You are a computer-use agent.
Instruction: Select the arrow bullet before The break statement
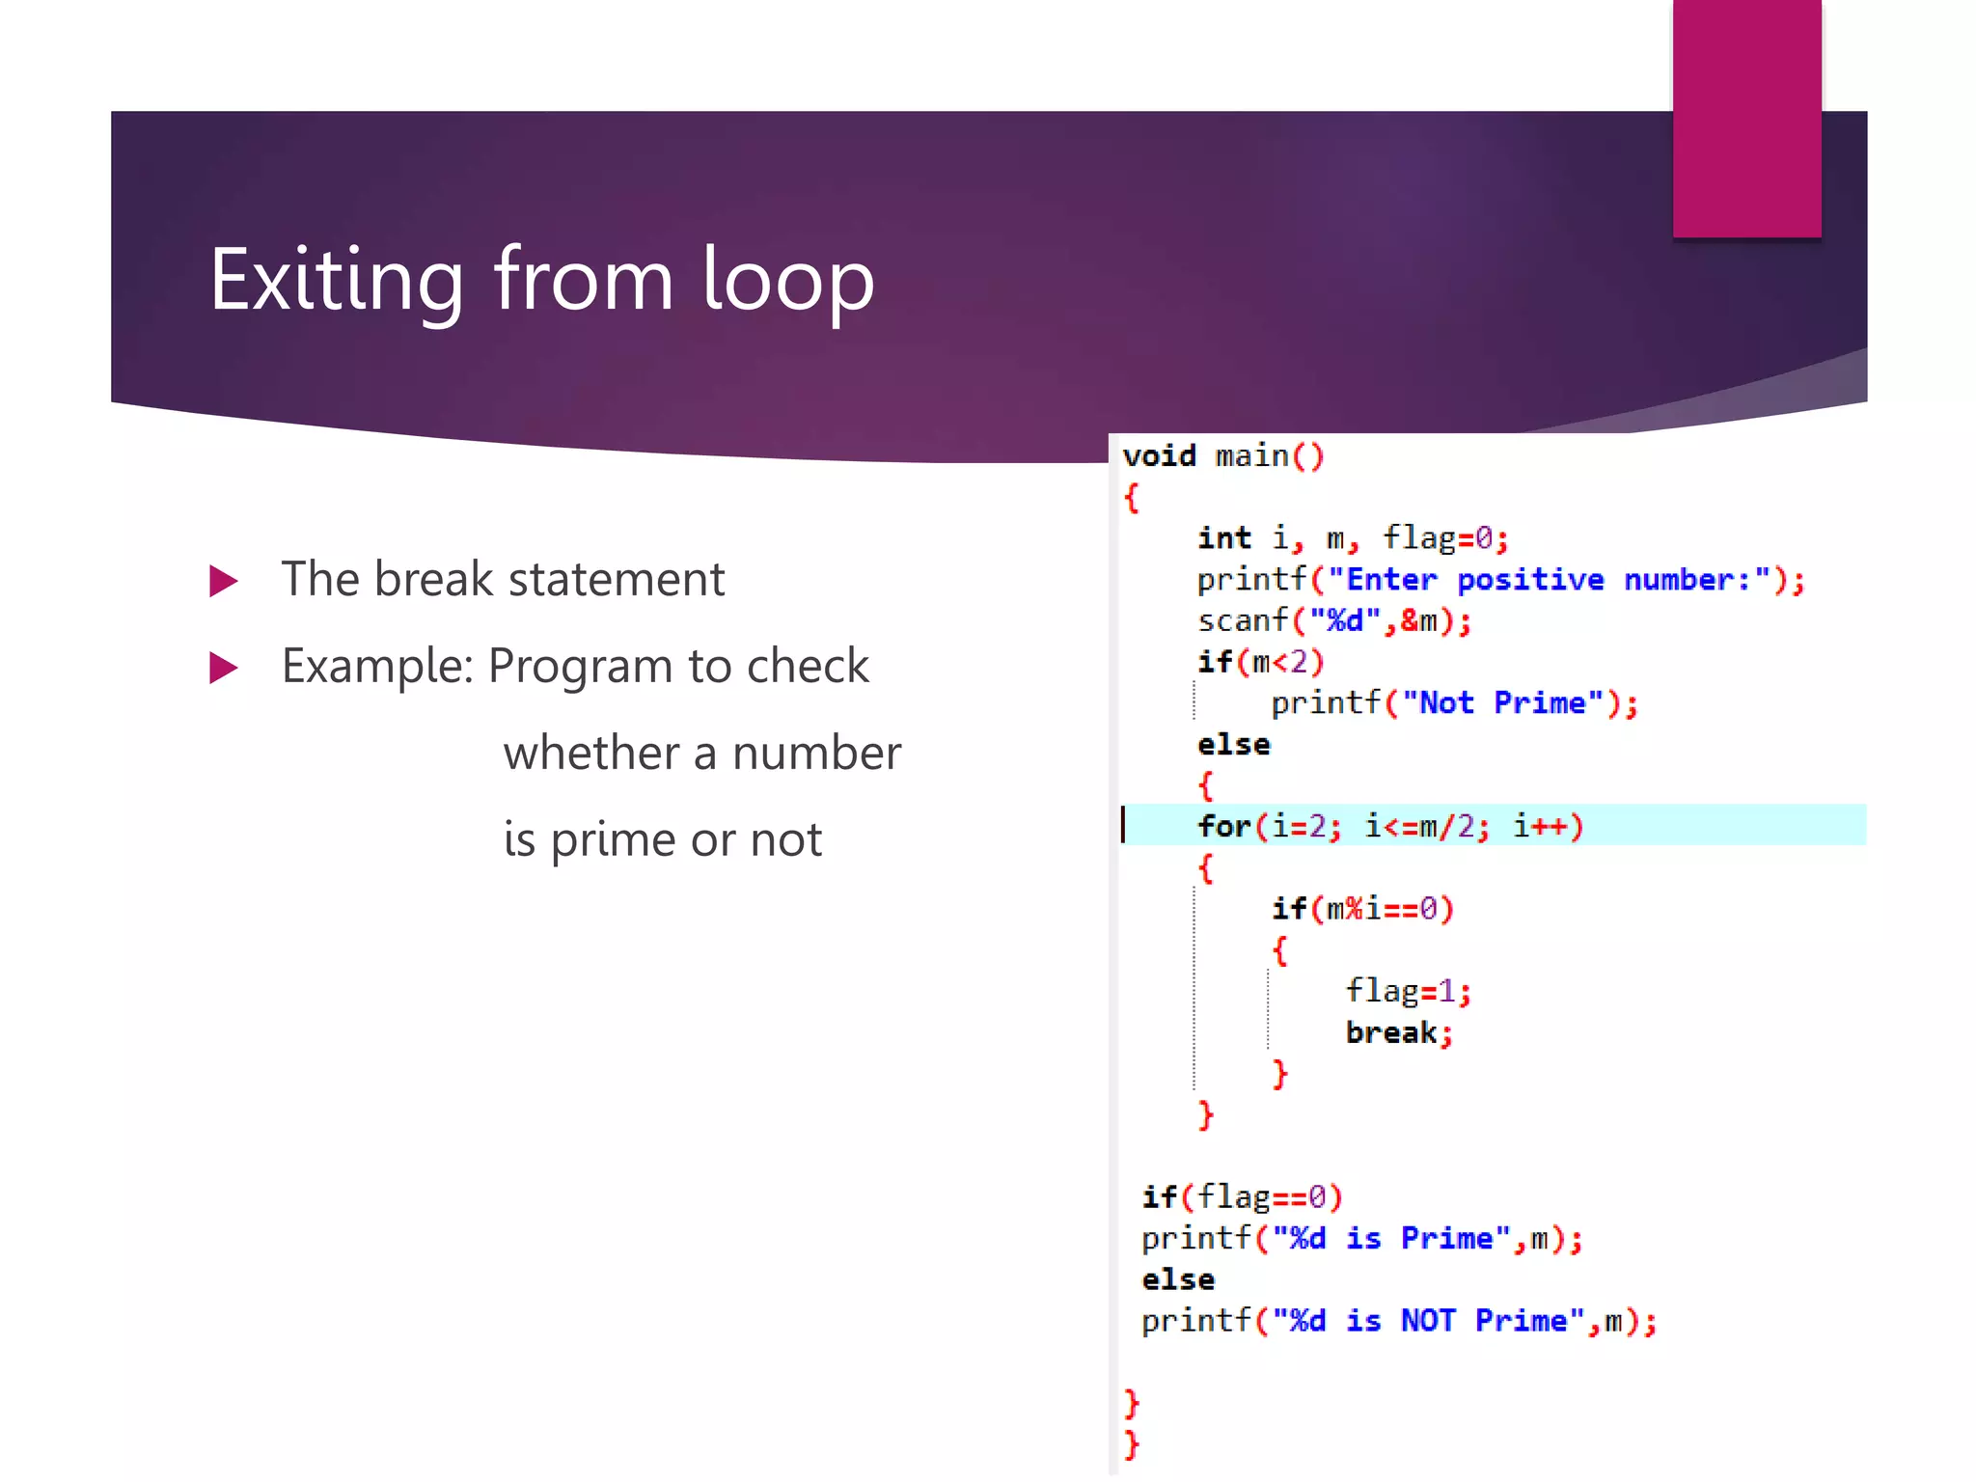click(223, 581)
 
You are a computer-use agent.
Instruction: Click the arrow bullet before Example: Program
click(223, 668)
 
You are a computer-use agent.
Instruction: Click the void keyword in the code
click(1159, 455)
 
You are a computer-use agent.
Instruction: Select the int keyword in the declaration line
click(1223, 537)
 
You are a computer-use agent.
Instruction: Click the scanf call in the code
click(1242, 620)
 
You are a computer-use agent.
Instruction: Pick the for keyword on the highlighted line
click(1223, 826)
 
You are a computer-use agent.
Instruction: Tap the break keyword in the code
click(1390, 1032)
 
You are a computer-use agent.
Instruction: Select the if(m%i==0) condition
click(1361, 909)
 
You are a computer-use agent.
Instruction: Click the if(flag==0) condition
click(1242, 1197)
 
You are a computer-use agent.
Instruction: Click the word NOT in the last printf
click(1427, 1321)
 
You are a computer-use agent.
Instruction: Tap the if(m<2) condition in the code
click(1260, 662)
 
